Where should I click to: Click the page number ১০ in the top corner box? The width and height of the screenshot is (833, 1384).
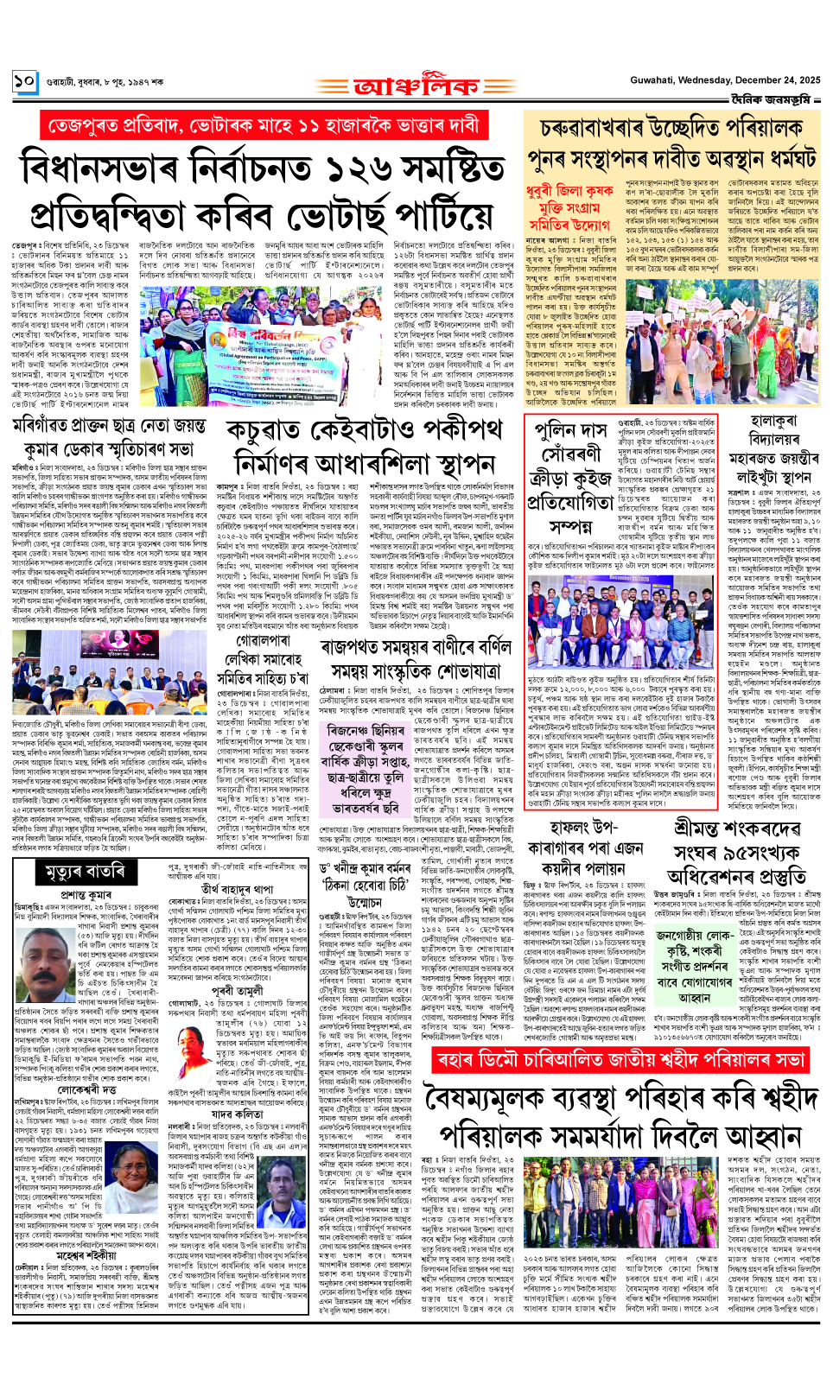click(24, 82)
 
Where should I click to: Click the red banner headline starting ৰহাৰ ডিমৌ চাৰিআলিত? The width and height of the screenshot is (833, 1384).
click(623, 1061)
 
